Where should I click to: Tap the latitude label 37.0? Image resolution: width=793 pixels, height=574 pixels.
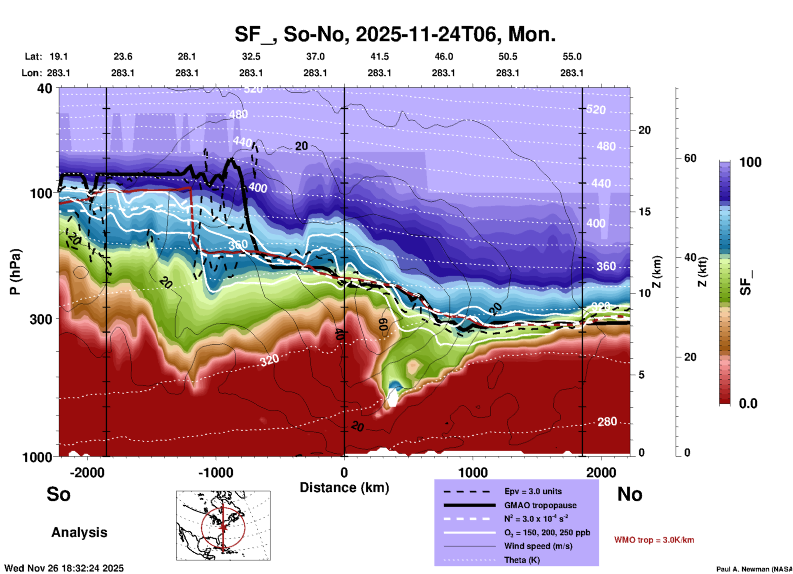point(315,56)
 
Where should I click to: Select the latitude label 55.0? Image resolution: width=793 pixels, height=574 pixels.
point(572,56)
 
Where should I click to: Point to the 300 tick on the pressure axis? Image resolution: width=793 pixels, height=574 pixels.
point(41,319)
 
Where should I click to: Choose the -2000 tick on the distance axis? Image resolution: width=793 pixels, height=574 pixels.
point(87,472)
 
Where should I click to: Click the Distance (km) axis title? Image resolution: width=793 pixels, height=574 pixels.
point(344,488)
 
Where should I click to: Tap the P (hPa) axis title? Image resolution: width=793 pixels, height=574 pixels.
point(15,272)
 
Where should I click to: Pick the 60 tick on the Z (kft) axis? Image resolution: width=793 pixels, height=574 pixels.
point(690,158)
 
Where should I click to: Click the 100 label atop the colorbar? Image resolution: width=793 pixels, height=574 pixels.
point(750,162)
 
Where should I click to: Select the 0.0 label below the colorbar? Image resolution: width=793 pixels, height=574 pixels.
point(748,404)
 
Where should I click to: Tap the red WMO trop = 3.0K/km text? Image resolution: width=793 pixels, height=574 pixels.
point(654,540)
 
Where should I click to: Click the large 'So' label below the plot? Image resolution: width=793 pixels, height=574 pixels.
point(58,494)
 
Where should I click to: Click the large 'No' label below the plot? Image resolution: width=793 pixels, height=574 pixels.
point(630,494)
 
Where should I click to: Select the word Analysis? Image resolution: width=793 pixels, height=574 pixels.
point(79,532)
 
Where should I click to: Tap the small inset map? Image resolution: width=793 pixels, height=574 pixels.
point(223,525)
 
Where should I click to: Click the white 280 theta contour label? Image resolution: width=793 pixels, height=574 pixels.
point(607,422)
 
